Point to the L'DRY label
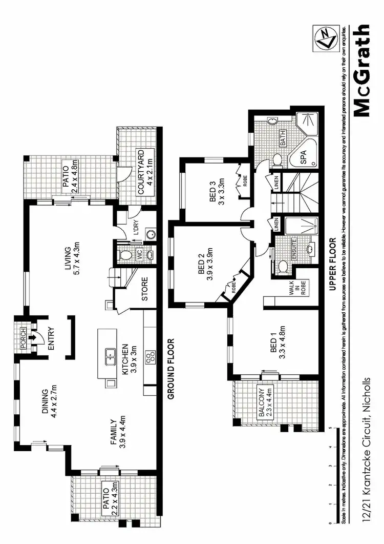136,227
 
